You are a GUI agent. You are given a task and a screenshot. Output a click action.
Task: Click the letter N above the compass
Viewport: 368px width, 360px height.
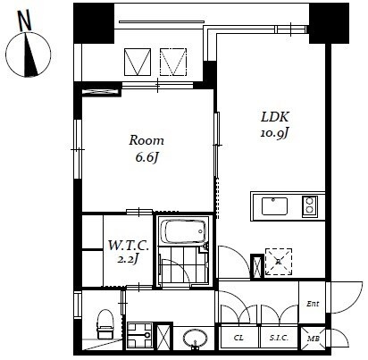click(25, 17)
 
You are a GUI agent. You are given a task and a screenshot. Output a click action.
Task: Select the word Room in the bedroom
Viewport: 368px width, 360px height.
click(146, 141)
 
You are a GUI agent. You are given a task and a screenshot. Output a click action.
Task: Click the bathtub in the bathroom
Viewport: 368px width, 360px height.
click(182, 234)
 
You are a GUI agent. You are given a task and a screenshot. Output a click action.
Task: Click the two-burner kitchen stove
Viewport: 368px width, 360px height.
click(309, 206)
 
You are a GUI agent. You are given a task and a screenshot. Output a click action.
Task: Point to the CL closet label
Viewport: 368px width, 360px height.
click(238, 339)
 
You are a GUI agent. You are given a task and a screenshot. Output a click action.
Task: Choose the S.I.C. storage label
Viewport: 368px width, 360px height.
click(276, 339)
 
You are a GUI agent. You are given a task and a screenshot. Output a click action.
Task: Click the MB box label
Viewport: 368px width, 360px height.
click(313, 339)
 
